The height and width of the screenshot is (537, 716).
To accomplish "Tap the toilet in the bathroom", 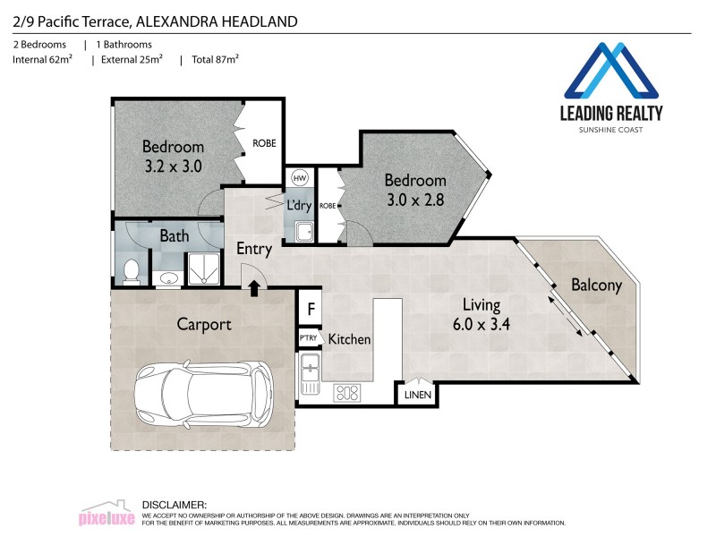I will point(132,269).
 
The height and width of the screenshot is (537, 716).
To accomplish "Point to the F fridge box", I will point(310,310).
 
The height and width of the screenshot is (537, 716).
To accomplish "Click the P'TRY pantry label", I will point(309,337).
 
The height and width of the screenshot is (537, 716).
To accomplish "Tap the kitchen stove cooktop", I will point(346,392).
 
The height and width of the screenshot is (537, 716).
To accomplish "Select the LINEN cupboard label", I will point(418,394).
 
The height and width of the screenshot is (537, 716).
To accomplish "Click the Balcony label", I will point(596,286).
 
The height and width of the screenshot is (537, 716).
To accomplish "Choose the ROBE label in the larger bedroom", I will point(264,143).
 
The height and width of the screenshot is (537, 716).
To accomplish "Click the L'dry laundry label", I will point(298,205).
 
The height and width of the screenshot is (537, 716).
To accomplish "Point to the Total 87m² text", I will point(215,60).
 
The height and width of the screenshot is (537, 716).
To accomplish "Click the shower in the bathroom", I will point(202,268).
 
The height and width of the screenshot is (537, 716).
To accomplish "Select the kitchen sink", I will point(311,371).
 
